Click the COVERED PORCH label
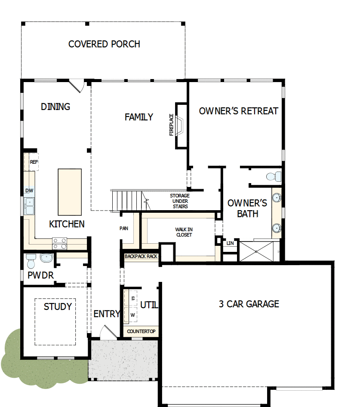point(104,44)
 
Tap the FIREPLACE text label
point(172,125)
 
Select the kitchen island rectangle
point(70,192)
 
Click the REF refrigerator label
point(34,162)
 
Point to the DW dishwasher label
point(29,190)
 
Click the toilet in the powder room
point(31,260)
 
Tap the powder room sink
point(46,258)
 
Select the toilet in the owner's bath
point(273,176)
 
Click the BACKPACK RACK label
point(141,257)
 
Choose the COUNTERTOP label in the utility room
point(142,332)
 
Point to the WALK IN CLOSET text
point(184,232)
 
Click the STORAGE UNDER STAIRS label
point(180,201)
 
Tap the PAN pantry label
point(124,229)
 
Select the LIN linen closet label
point(230,243)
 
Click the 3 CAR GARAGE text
point(249,304)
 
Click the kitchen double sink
point(29,206)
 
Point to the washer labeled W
point(132,315)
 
